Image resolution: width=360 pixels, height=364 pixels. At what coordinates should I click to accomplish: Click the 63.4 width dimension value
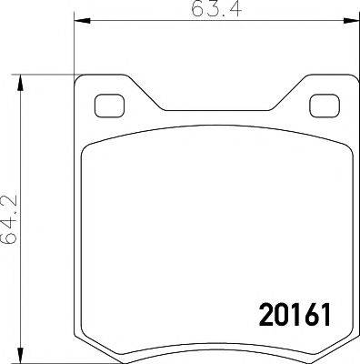[x=216, y=9]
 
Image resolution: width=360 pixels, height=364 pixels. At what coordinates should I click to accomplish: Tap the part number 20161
[x=295, y=315]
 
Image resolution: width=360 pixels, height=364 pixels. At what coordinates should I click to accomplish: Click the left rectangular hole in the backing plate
[x=109, y=106]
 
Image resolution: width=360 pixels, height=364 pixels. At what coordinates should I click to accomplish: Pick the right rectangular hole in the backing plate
[x=325, y=106]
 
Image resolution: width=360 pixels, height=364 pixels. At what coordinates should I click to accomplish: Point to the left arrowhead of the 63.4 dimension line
[x=83, y=21]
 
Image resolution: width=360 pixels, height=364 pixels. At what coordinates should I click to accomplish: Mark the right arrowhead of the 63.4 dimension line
[x=351, y=21]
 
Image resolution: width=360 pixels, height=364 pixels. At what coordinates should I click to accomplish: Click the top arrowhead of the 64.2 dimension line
[x=20, y=83]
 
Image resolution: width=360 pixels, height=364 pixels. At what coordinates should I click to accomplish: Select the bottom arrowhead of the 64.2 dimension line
[x=20, y=355]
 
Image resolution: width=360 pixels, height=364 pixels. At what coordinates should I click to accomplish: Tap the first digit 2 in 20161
[x=266, y=315]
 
